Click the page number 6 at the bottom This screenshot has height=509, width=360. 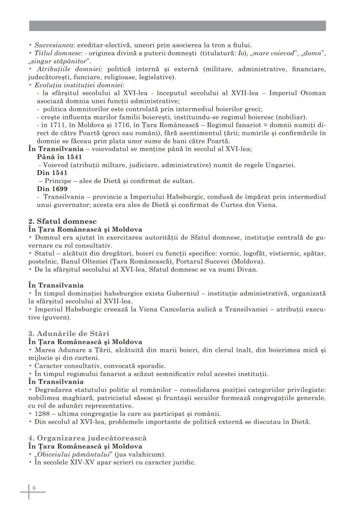click(34, 488)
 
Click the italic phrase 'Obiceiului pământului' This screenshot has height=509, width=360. click(72, 455)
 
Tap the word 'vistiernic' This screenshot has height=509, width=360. click(282, 253)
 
